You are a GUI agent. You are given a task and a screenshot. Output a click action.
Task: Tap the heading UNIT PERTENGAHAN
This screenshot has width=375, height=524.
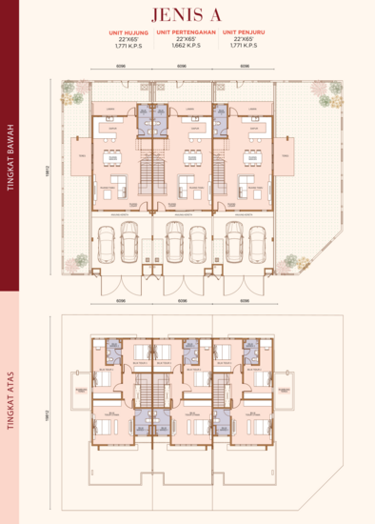pos(187,30)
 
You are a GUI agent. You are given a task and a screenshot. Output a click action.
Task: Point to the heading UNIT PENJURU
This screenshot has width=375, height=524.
pos(245,30)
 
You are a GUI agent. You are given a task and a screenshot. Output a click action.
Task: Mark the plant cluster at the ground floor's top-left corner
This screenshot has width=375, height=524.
pos(72,93)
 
